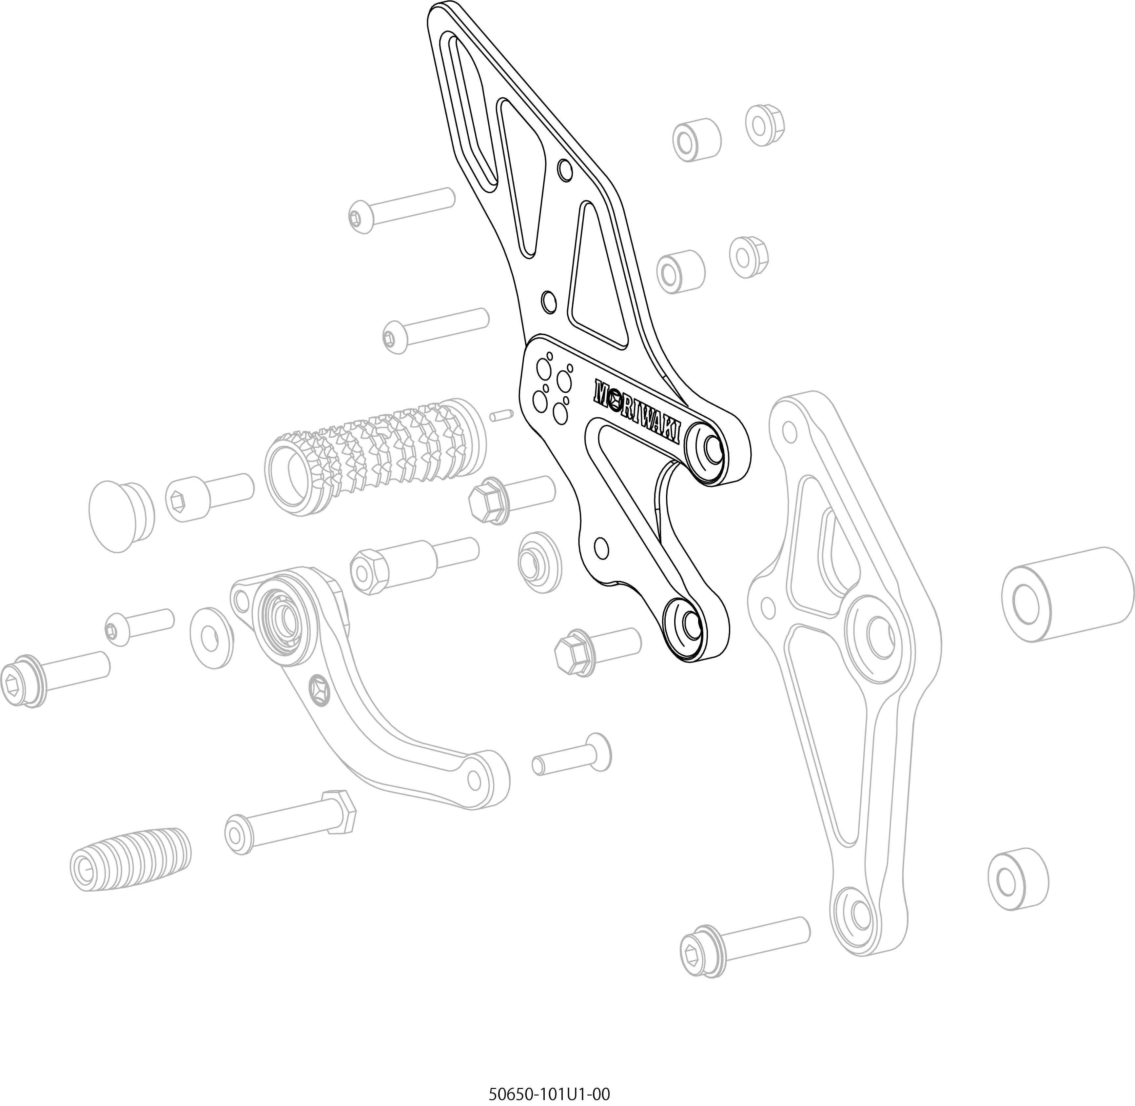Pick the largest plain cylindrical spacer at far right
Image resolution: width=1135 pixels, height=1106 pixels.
coord(1067,594)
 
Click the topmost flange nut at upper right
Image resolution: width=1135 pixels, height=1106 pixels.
coord(765,125)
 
